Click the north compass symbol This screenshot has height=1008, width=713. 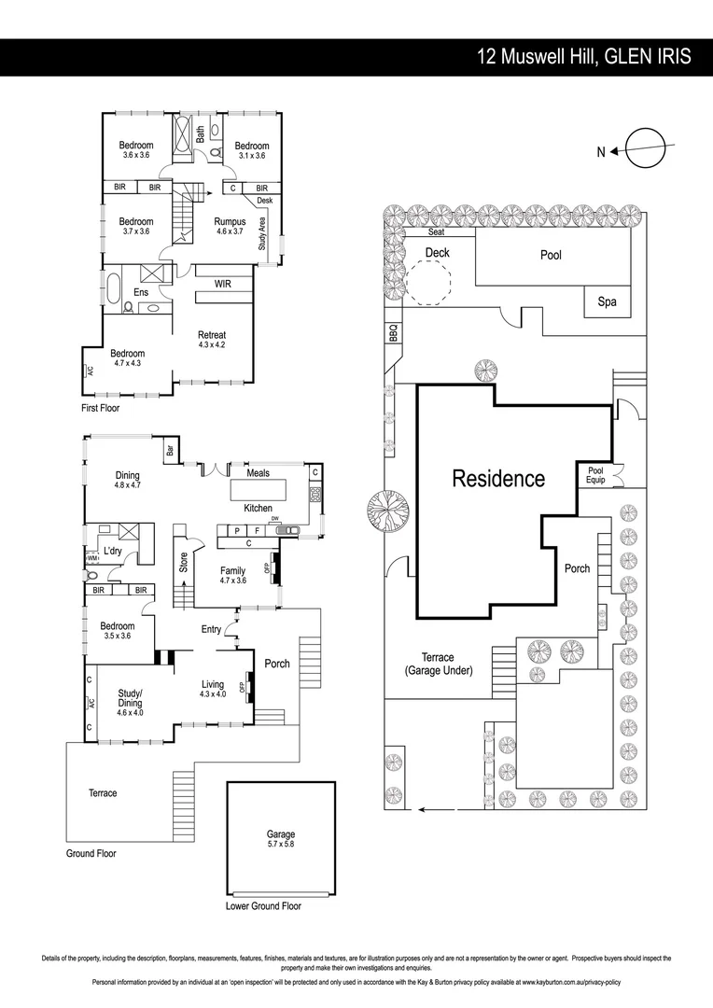644,149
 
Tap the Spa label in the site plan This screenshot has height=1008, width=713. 608,302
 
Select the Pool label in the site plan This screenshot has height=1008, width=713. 551,255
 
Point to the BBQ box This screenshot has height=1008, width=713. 392,332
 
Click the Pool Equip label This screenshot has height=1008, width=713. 595,475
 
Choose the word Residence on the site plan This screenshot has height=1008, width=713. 498,479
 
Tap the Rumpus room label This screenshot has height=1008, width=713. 230,227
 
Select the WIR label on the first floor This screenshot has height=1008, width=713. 222,284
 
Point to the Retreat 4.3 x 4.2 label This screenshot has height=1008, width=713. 212,340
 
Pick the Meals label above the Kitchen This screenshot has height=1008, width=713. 258,473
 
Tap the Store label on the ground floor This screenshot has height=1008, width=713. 184,562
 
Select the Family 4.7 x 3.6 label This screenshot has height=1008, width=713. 232,575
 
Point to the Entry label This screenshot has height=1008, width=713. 211,629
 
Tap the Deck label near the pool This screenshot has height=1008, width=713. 437,253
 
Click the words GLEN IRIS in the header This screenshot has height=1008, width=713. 648,57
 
